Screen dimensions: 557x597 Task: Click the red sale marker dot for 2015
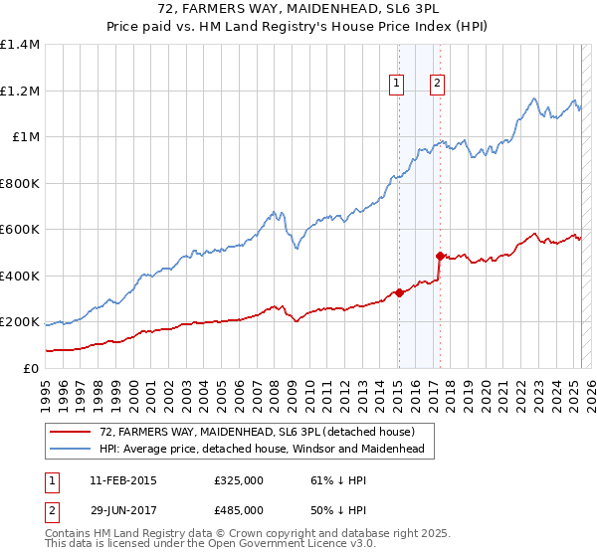399,292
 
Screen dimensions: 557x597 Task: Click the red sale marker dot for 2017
440,256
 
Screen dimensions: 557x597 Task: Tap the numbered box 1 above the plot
397,85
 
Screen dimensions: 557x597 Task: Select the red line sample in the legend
71,432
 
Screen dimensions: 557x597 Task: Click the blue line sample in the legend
71,450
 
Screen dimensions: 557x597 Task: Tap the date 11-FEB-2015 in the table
122,480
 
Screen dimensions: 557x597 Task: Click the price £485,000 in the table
238,509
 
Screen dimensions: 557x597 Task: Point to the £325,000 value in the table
238,480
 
